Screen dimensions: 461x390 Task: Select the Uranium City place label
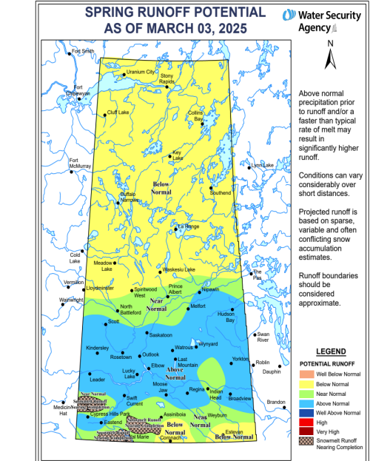[x=141, y=72]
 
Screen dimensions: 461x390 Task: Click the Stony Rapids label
[x=167, y=79]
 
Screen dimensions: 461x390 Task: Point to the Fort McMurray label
[x=79, y=164]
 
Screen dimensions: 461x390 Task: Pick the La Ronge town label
[x=188, y=226]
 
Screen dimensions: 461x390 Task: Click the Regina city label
[x=196, y=388]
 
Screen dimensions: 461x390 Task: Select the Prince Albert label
[x=175, y=289]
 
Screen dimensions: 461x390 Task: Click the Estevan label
[x=234, y=431]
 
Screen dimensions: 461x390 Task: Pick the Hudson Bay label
[x=226, y=317]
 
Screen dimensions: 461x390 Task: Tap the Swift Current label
[x=135, y=401]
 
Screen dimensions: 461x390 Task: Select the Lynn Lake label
[x=262, y=165]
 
